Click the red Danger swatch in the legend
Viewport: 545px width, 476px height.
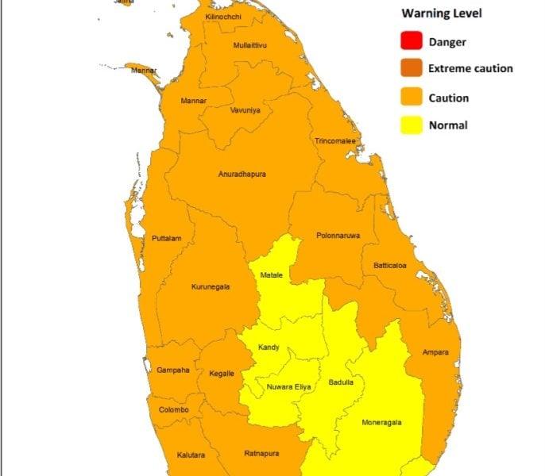coord(412,41)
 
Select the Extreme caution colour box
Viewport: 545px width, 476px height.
coord(412,69)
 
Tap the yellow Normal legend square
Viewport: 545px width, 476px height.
coord(412,125)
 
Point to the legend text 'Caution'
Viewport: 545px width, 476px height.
coord(449,98)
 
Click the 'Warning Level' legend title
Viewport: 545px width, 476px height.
coord(441,13)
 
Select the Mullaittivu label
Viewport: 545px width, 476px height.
coord(250,45)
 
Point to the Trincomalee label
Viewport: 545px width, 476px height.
coord(336,141)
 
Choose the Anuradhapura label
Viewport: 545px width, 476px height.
coord(242,174)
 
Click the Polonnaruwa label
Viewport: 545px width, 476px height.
coord(338,236)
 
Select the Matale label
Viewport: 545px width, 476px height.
coord(272,275)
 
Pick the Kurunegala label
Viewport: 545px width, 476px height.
coord(211,287)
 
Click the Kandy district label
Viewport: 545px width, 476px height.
coord(269,347)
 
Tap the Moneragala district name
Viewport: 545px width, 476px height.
coord(382,422)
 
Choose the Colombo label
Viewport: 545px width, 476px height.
coord(174,410)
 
